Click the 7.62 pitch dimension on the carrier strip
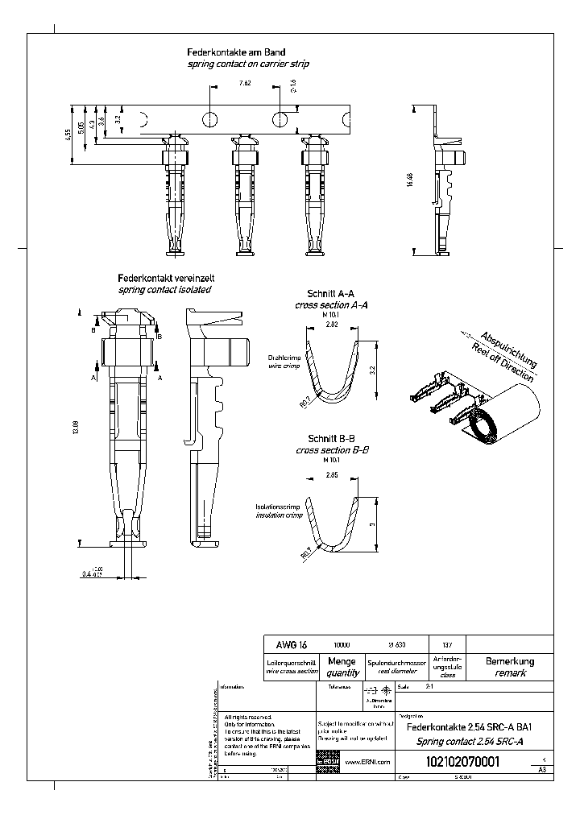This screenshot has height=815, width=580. (x=244, y=83)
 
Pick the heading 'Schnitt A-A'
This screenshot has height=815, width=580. (x=331, y=295)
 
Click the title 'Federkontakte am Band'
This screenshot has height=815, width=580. (x=237, y=52)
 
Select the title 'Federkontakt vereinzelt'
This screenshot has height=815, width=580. (x=166, y=278)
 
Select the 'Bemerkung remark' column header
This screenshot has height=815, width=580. (x=510, y=667)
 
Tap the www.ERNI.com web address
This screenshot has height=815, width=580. (x=367, y=762)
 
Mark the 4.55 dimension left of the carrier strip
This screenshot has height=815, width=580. (x=69, y=134)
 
